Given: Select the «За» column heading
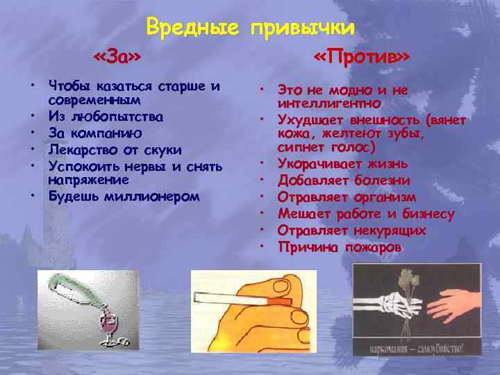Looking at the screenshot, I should click(122, 56).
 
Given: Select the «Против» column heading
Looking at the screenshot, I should click(360, 56).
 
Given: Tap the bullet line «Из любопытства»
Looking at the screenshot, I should click(106, 116).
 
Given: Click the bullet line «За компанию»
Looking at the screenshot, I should click(96, 132).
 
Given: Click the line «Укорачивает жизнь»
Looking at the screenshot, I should click(342, 164).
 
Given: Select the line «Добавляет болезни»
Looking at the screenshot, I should click(344, 181).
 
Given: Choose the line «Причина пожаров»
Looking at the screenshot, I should click(339, 247).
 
